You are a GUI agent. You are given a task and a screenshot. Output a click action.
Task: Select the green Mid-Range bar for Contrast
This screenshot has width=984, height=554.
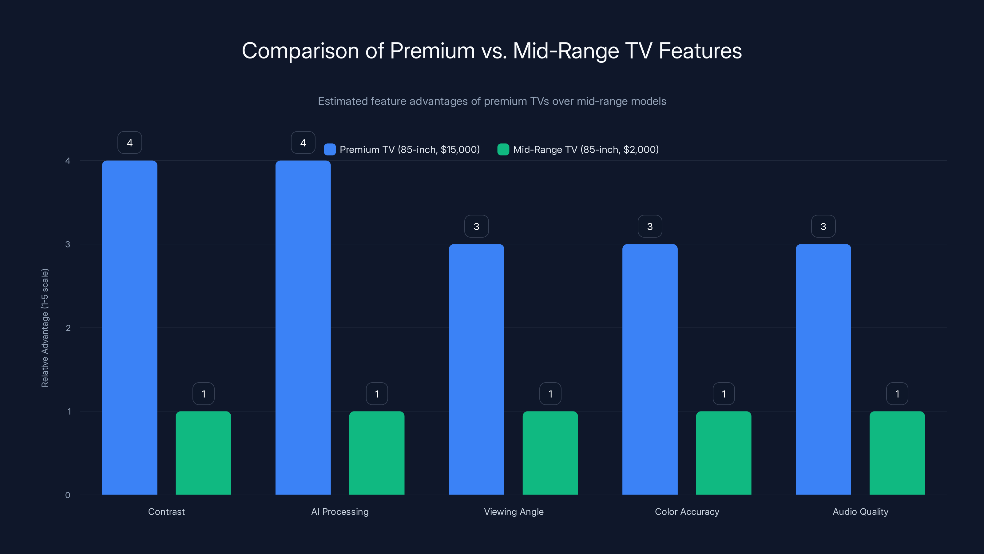point(203,453)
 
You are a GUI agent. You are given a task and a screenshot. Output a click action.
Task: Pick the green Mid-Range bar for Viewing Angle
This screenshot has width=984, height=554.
point(550,453)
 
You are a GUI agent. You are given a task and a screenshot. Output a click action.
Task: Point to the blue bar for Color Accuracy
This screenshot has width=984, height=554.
point(650,369)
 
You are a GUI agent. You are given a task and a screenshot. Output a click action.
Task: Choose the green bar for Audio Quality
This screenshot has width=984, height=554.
point(897,453)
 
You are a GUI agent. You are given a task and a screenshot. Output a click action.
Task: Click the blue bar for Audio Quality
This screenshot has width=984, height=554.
point(823,369)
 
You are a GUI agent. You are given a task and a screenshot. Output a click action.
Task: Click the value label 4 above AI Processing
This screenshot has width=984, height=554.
point(303,143)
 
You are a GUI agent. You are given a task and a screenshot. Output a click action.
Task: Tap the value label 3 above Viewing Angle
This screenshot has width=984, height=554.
point(476,226)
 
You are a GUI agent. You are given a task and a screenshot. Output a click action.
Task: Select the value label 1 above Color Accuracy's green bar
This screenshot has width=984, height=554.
point(724,394)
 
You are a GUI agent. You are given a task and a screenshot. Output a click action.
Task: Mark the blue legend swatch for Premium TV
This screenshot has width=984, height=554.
point(330,150)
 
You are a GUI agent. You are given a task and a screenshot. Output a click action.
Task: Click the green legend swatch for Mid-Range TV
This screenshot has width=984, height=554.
point(503,150)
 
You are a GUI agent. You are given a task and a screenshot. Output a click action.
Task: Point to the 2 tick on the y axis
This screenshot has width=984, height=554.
point(68,328)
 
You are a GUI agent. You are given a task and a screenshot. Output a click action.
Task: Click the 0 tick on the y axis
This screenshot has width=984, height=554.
point(68,495)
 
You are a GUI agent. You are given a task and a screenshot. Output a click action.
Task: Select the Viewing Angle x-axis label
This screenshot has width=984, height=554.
point(514,512)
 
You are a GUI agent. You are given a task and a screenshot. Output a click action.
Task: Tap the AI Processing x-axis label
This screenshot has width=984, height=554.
point(339,512)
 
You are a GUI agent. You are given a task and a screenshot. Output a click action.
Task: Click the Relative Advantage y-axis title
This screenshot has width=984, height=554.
point(45,328)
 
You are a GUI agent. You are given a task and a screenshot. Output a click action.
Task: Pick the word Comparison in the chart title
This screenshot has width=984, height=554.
point(300,51)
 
